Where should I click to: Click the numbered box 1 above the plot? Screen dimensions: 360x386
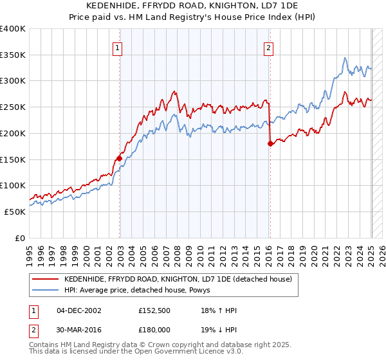point(118,47)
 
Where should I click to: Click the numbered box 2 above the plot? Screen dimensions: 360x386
point(268,47)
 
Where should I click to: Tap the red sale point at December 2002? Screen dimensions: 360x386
point(120,157)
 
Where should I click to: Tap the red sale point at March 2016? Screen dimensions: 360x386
point(270,143)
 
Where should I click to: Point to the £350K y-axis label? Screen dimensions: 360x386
point(13,55)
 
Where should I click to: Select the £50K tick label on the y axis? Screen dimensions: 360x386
point(15,212)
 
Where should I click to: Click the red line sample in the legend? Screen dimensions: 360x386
point(45,279)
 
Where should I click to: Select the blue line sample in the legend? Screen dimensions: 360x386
point(45,291)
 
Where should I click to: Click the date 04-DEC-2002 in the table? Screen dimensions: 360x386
point(79,310)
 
